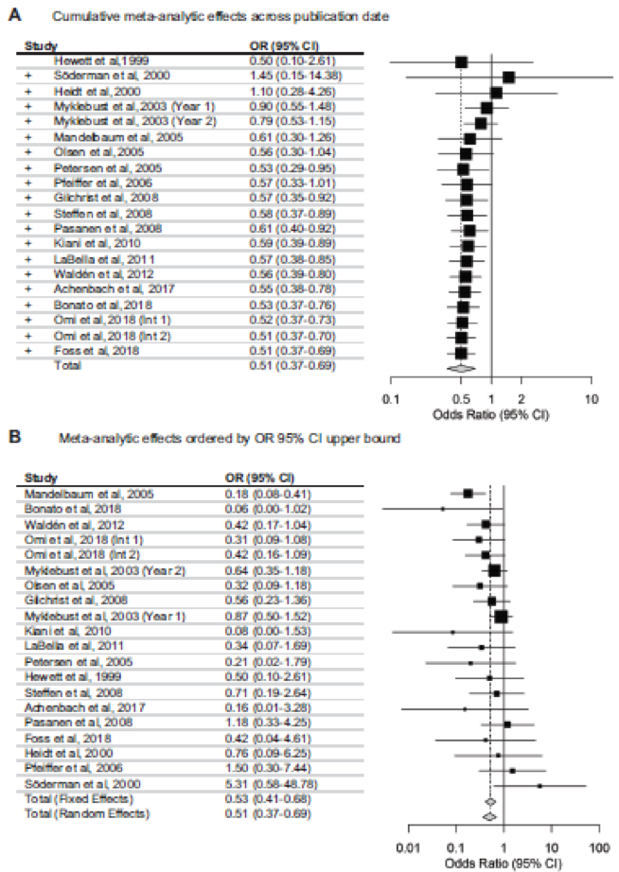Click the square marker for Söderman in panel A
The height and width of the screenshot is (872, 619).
(508, 78)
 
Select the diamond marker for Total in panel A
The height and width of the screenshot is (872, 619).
(462, 366)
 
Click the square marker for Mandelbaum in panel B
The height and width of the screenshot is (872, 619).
(468, 493)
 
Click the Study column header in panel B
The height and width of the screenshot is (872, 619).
(40, 478)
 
